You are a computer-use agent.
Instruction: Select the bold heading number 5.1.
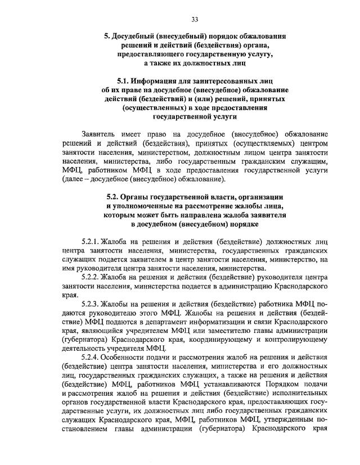coord(126,80)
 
